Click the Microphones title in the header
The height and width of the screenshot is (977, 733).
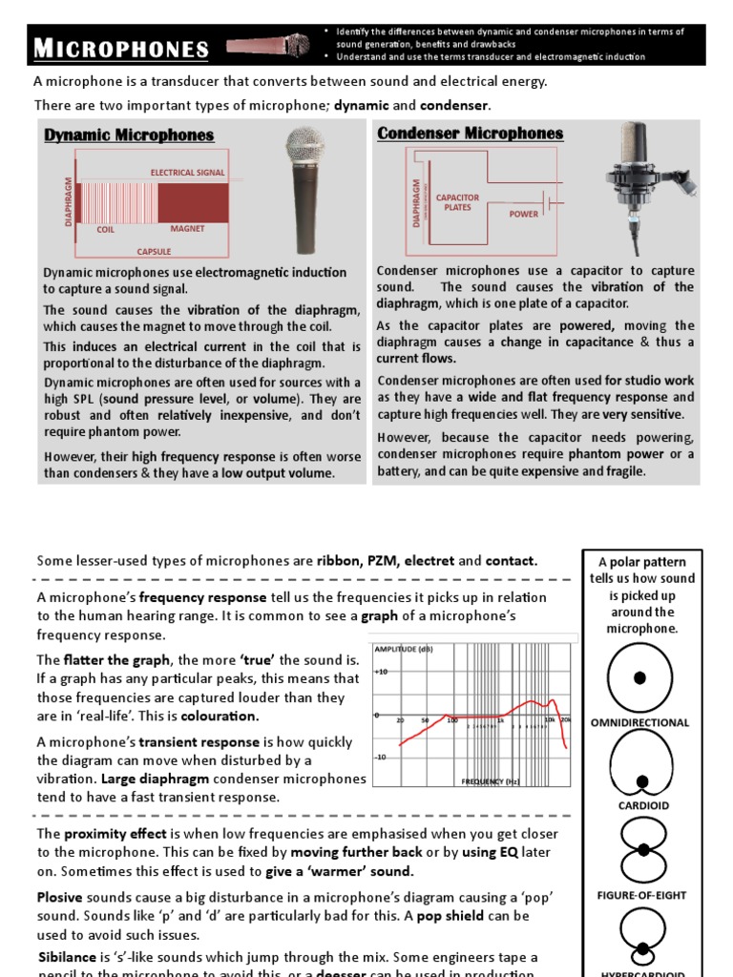click(x=121, y=49)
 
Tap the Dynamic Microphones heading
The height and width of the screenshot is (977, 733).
click(x=129, y=135)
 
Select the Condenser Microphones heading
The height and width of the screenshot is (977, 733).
click(x=471, y=134)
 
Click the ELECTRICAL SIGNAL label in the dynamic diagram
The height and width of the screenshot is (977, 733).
click(x=187, y=173)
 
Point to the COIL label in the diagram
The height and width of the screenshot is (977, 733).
click(x=106, y=230)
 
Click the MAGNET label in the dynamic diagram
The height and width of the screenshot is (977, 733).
click(x=187, y=229)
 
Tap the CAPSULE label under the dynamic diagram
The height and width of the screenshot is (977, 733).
click(x=154, y=252)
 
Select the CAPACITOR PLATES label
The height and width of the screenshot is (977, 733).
click(x=457, y=202)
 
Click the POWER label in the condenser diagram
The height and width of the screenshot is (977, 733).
click(x=523, y=214)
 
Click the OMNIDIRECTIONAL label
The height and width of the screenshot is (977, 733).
click(x=639, y=722)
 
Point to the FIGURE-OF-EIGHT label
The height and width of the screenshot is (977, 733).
click(x=640, y=896)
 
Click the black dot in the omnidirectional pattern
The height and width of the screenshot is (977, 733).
click(x=639, y=677)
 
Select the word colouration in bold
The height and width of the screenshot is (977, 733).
click(x=220, y=716)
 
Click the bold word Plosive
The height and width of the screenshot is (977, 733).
click(x=59, y=897)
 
